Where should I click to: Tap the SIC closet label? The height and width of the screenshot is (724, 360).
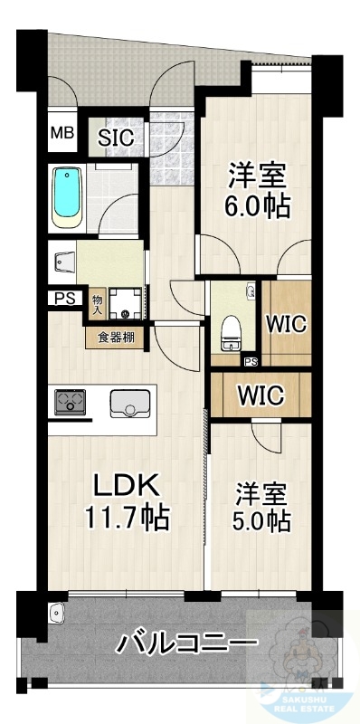coord(116,138)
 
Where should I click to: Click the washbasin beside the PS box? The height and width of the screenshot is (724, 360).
coord(62,262)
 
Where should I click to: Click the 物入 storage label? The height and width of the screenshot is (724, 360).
coord(97,304)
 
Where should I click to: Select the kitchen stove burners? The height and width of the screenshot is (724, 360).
coord(71,401)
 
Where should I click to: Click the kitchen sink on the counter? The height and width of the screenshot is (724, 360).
coord(128,404)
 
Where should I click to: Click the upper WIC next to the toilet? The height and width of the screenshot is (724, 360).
coord(285,323)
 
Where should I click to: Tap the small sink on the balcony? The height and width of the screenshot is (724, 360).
coord(58,612)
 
